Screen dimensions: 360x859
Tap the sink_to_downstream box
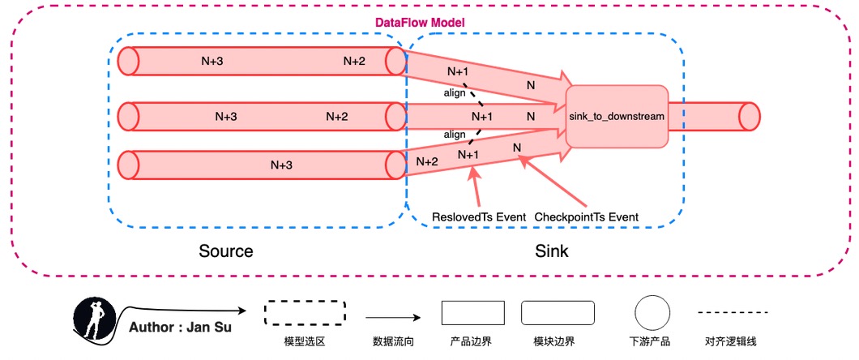pos(617,116)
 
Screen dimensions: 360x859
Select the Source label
pos(226,251)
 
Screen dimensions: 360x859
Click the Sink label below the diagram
pos(552,251)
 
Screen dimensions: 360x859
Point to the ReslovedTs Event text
pos(478,217)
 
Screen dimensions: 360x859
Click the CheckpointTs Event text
pos(587,217)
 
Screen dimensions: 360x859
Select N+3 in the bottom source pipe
pos(281,165)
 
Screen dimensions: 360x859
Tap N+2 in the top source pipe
pos(354,61)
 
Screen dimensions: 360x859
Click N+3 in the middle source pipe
pos(226,117)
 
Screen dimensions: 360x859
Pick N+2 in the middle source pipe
pos(337,117)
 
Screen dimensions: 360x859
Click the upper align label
pos(455,92)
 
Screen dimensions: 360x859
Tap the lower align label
pos(454,134)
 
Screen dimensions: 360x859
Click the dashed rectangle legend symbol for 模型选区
pos(306,313)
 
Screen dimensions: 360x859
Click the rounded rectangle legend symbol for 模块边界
pos(558,313)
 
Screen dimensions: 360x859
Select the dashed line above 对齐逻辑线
pos(733,312)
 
